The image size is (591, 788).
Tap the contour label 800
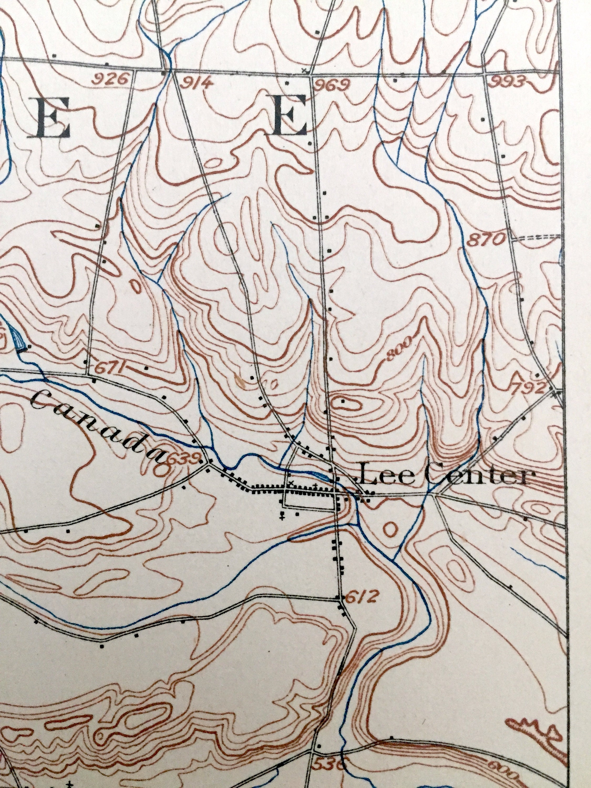click(399, 348)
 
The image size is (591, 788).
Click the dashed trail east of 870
click(536, 237)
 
